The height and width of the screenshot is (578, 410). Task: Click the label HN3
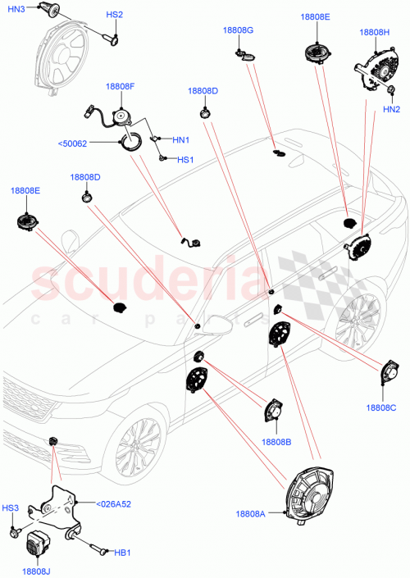pyautogui.click(x=16, y=8)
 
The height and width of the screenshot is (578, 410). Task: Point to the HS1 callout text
pyautogui.click(x=186, y=159)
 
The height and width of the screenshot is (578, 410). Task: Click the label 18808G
pyautogui.click(x=238, y=30)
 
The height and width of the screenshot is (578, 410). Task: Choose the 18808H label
pyautogui.click(x=375, y=33)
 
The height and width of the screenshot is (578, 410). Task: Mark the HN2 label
pyautogui.click(x=391, y=109)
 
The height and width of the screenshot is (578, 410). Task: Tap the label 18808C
pyautogui.click(x=381, y=407)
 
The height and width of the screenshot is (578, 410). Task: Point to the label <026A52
pyautogui.click(x=114, y=504)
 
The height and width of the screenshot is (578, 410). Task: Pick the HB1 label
pyautogui.click(x=123, y=554)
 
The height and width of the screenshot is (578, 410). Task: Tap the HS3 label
pyautogui.click(x=11, y=509)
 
